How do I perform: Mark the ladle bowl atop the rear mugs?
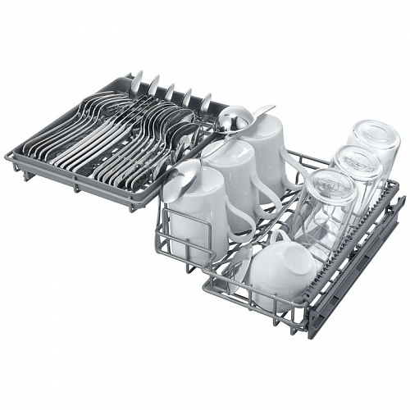click(232, 121)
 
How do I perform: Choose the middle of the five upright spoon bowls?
click(171, 89)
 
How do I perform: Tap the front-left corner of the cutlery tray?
click(9, 155)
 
